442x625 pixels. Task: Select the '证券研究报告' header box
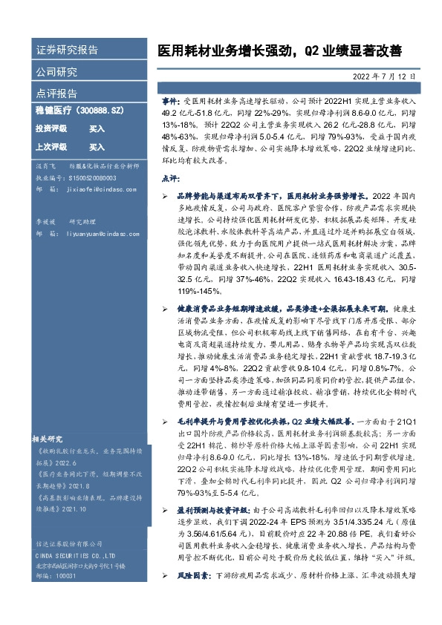point(68,50)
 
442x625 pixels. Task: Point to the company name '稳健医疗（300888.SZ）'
point(78,109)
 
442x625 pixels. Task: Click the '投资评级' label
point(51,128)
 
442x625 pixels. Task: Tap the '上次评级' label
point(51,147)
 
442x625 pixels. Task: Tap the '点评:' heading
point(170,179)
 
